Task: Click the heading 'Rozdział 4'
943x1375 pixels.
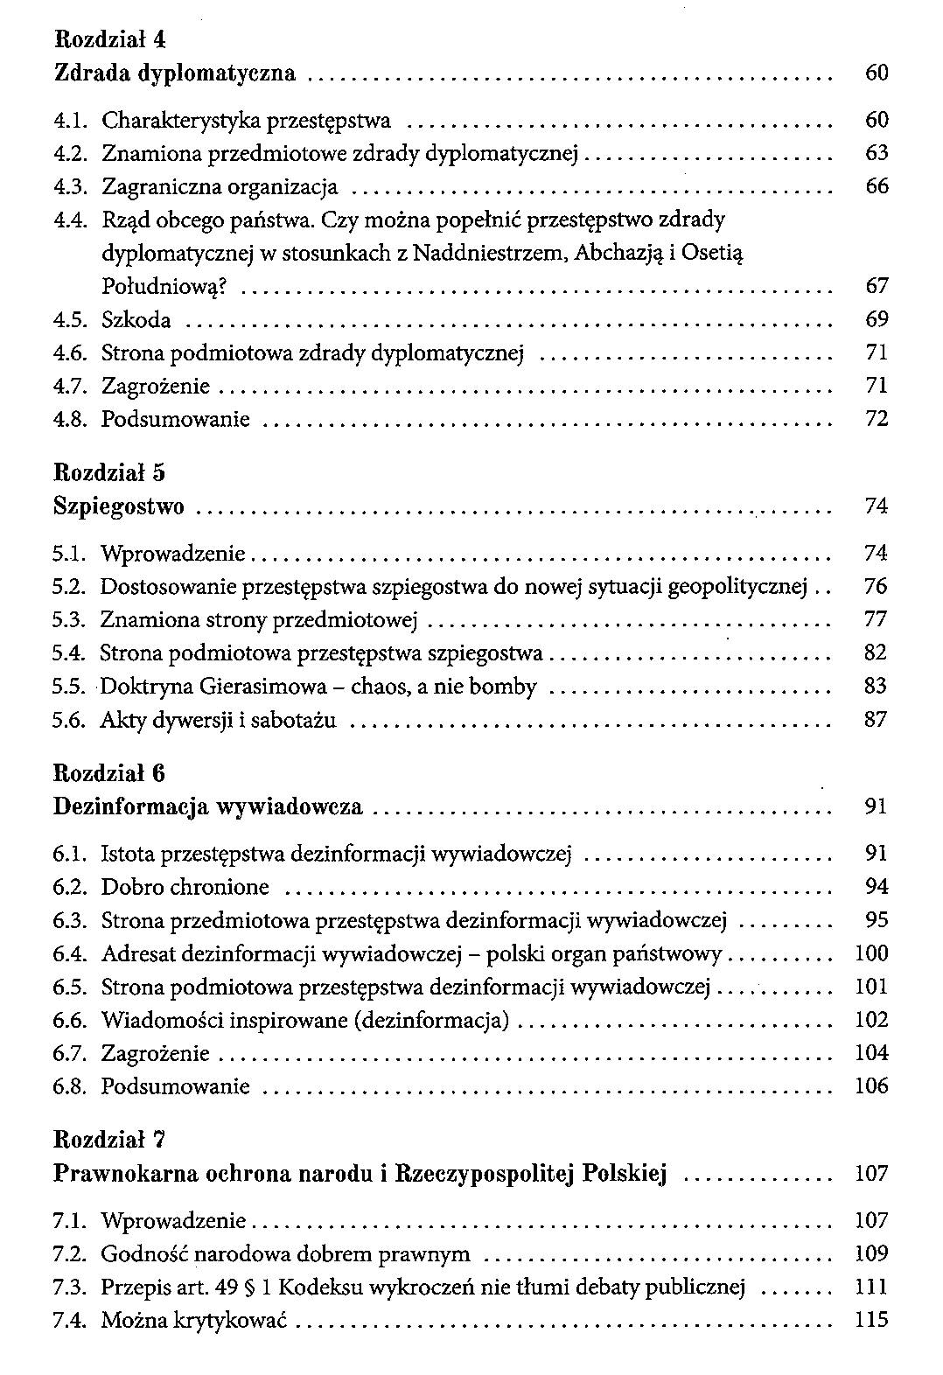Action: click(110, 39)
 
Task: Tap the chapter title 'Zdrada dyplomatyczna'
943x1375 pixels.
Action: click(175, 73)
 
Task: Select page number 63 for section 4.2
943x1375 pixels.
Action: click(876, 154)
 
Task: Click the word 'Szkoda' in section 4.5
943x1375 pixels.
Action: click(136, 320)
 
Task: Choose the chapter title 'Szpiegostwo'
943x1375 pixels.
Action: click(119, 506)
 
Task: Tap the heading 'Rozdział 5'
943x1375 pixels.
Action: click(110, 473)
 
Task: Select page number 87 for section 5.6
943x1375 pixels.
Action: click(876, 721)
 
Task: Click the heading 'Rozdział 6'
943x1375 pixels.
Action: click(110, 773)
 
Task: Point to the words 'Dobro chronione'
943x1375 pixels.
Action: click(185, 888)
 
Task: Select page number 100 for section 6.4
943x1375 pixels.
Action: click(871, 954)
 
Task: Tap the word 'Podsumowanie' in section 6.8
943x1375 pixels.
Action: click(176, 1087)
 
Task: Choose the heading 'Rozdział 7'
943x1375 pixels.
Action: click(110, 1140)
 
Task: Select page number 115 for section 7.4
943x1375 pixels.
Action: click(871, 1321)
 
